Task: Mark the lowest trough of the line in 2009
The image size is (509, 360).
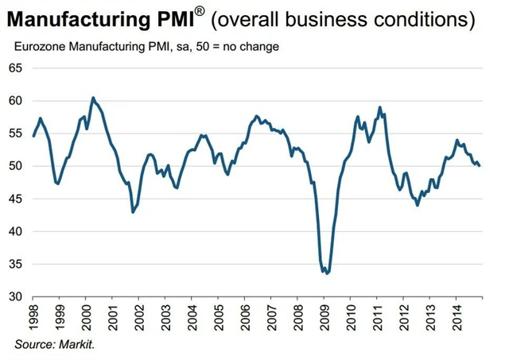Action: [x=327, y=273]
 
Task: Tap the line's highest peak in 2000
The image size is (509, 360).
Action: [x=93, y=98]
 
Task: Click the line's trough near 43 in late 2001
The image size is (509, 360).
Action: [x=133, y=212]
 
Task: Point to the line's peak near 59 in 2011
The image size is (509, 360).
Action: [x=380, y=107]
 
